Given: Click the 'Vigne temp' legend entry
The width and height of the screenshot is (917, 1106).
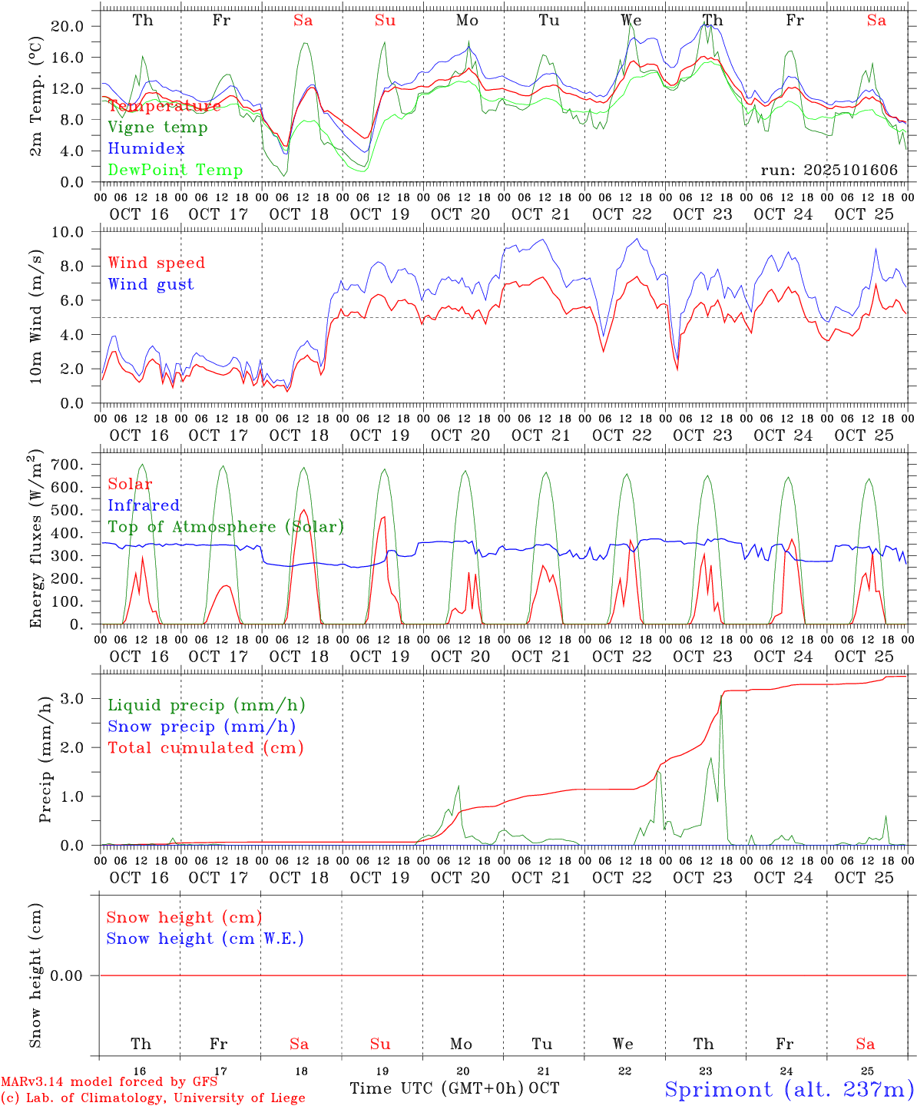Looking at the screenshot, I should tap(157, 127).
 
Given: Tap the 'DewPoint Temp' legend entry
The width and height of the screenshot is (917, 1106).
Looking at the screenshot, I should tap(175, 170).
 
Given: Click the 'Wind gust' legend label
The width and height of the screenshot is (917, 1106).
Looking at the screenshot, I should tap(151, 284).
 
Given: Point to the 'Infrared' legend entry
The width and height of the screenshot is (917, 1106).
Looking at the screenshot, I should tap(144, 505).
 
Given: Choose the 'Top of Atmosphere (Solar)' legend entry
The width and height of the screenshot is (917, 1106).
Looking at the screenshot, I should tap(226, 527).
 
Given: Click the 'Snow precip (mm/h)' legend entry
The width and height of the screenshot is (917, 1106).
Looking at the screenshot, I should tap(201, 727).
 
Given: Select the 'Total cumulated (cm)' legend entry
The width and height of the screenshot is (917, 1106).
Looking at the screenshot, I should tap(205, 748).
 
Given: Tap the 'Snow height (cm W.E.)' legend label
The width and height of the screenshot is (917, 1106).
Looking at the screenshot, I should tap(204, 939).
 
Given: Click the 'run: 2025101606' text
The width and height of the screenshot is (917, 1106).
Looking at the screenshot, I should tap(829, 170).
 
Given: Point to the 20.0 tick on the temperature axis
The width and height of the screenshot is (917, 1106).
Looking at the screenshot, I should tap(68, 26).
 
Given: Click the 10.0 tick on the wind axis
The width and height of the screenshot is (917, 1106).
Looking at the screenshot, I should tap(68, 232).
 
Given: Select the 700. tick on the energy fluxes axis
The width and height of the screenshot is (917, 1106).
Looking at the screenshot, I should tap(65, 465).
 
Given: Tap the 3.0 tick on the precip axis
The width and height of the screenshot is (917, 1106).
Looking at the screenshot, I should tap(72, 698).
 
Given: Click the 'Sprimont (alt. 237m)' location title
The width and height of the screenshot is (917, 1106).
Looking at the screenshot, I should tap(789, 1089).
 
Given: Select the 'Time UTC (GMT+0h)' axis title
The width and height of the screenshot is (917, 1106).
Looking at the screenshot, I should tap(437, 1088).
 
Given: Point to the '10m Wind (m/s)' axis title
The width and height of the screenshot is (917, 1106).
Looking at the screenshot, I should tap(36, 316).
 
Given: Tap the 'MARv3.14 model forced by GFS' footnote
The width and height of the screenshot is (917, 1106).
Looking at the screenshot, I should tap(108, 1081).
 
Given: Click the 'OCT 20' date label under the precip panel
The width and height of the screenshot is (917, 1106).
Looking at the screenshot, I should tap(460, 878).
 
